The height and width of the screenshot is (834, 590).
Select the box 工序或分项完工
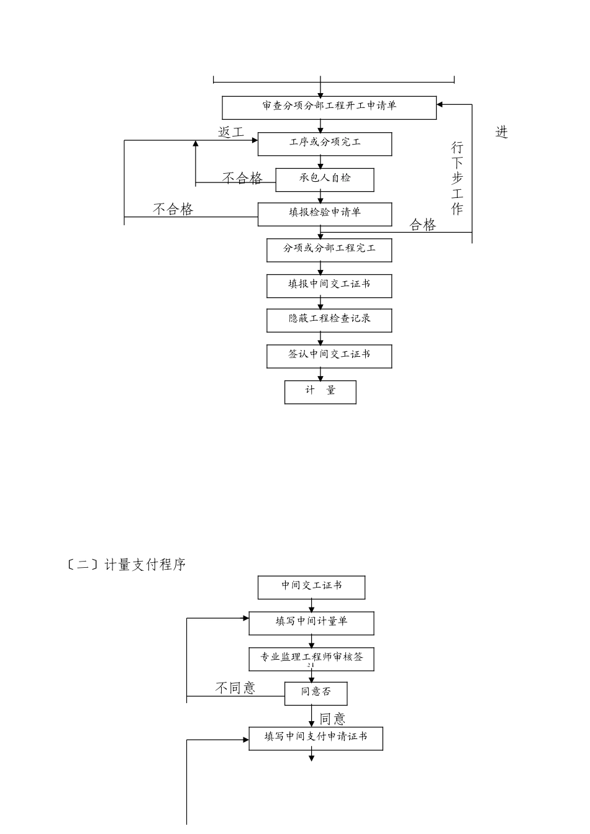coord(325,143)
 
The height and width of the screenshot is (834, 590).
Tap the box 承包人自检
coord(325,179)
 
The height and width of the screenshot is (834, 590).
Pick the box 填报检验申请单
coord(325,214)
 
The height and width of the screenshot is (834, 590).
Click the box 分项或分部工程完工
coord(329,249)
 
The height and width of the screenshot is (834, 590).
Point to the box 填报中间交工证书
coord(329,285)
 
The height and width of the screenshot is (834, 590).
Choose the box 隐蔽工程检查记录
coord(329,320)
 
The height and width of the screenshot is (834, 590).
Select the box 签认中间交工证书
coord(329,356)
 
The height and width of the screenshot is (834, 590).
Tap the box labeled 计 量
coord(320,392)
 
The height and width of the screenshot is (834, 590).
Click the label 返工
coord(231,132)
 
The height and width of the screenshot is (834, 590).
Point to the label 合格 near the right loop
coord(423,225)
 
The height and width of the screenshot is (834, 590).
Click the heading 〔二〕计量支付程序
coord(126,565)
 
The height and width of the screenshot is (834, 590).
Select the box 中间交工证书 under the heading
coord(311,587)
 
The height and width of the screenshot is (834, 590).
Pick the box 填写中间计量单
coord(311,623)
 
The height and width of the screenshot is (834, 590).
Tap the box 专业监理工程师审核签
coord(311,659)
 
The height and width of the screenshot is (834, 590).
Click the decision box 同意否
coord(315,693)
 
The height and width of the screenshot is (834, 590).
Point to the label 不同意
coord(235,688)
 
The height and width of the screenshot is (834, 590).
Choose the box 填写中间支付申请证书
coord(315,738)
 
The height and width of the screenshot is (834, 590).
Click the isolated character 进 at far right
coord(502,132)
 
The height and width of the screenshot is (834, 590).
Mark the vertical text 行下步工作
coord(457,178)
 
